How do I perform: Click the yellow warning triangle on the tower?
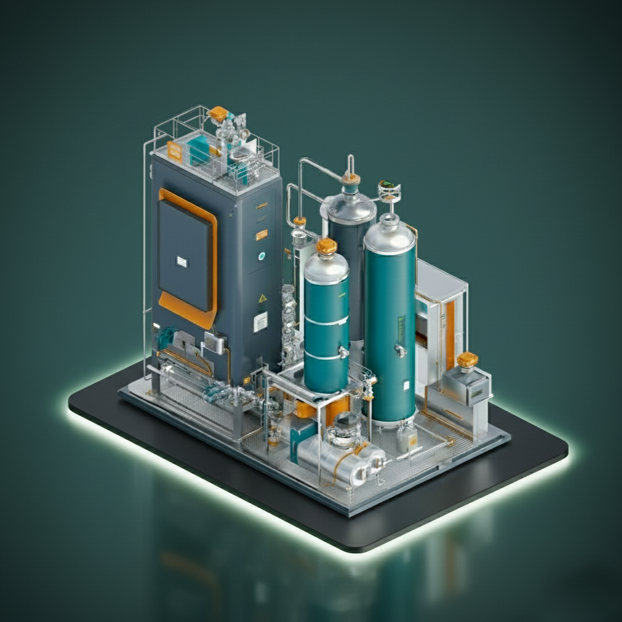(262, 299)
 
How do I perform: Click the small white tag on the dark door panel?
(182, 261)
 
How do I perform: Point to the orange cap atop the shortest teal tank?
(327, 245)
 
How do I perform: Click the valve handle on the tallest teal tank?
(399, 349)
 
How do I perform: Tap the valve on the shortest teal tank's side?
(344, 352)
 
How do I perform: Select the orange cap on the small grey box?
(467, 360)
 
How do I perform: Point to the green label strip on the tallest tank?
(400, 328)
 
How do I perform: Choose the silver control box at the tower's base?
(214, 343)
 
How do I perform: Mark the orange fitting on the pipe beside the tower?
(299, 221)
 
